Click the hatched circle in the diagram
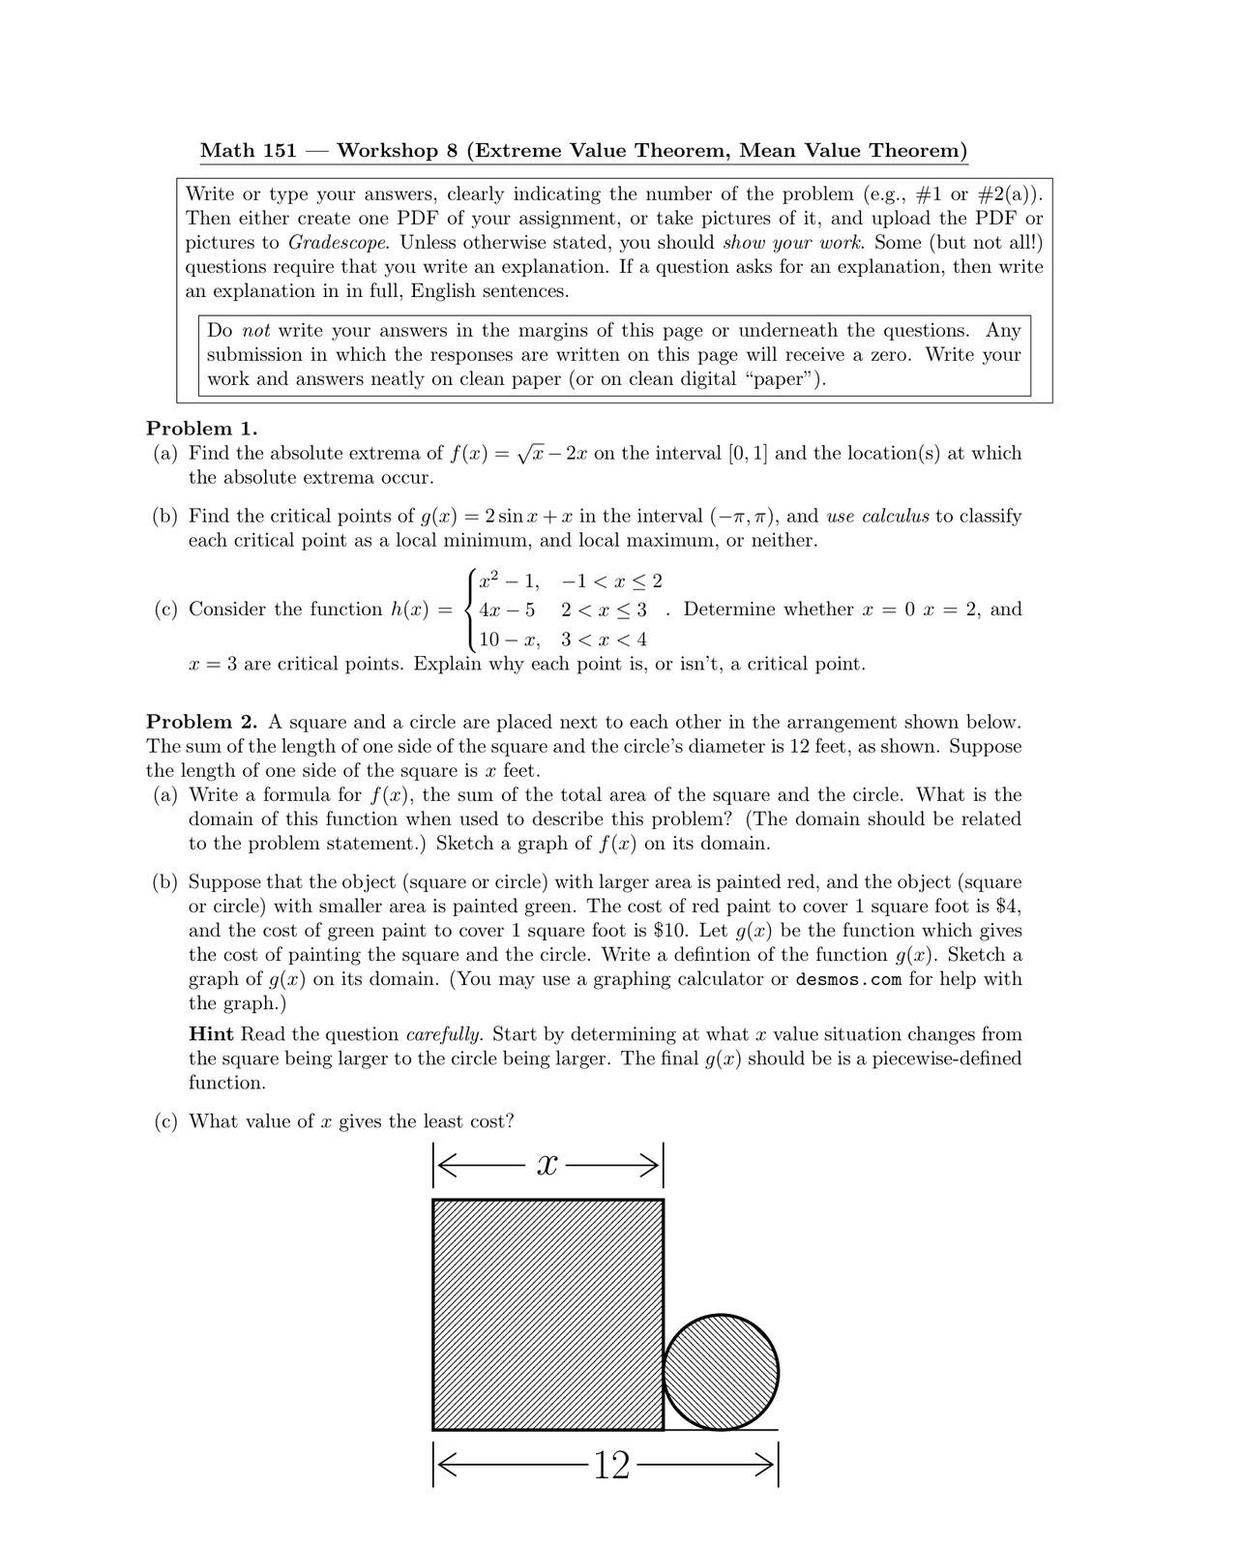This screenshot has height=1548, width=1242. click(x=721, y=1371)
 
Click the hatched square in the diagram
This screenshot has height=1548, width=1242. click(x=547, y=1314)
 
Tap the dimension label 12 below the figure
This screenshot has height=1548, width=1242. click(x=611, y=1466)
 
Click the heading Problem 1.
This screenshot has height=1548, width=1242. click(x=201, y=428)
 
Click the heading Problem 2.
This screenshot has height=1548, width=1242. click(x=201, y=722)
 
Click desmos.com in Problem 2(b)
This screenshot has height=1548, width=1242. click(x=848, y=979)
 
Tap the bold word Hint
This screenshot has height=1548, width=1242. click(x=211, y=1034)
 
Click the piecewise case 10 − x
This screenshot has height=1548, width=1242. click(x=509, y=640)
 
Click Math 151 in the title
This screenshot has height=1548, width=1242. click(x=241, y=151)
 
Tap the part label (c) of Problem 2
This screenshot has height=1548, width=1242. click(x=165, y=1121)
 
